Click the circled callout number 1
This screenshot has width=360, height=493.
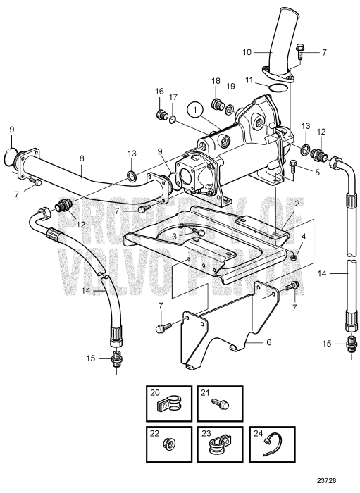tap(194, 109)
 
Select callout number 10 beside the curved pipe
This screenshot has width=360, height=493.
tap(246, 51)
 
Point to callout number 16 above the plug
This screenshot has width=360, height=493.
tap(159, 92)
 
